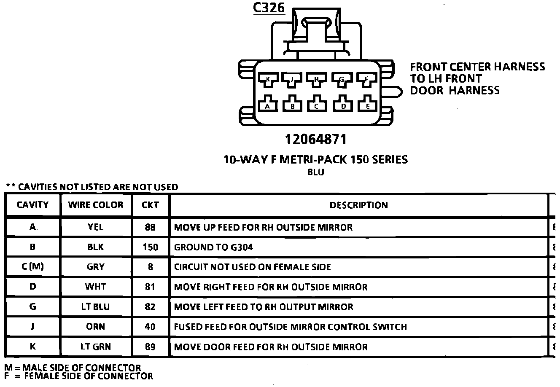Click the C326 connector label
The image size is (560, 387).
[269, 8]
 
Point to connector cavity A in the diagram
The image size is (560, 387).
[267, 105]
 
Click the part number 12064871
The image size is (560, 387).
[315, 139]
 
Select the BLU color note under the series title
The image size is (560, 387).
[316, 172]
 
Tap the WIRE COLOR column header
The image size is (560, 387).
[96, 205]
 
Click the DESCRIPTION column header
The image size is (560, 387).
[358, 205]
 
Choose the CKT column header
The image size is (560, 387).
[150, 205]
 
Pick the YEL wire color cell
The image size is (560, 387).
[96, 227]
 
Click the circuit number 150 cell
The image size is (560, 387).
[150, 247]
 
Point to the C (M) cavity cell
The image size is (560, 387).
[32, 267]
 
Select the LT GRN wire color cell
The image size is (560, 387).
[96, 347]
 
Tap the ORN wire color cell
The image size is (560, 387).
[96, 327]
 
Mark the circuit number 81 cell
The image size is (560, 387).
[150, 287]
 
